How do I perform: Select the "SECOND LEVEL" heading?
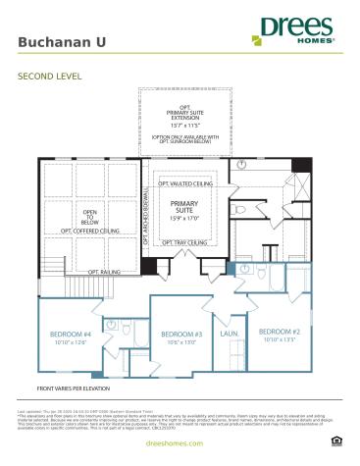point(49,75)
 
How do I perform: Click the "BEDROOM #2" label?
point(278,332)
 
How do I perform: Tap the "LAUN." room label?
point(230,335)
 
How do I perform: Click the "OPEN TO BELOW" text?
point(90,217)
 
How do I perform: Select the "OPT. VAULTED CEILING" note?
point(185,182)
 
